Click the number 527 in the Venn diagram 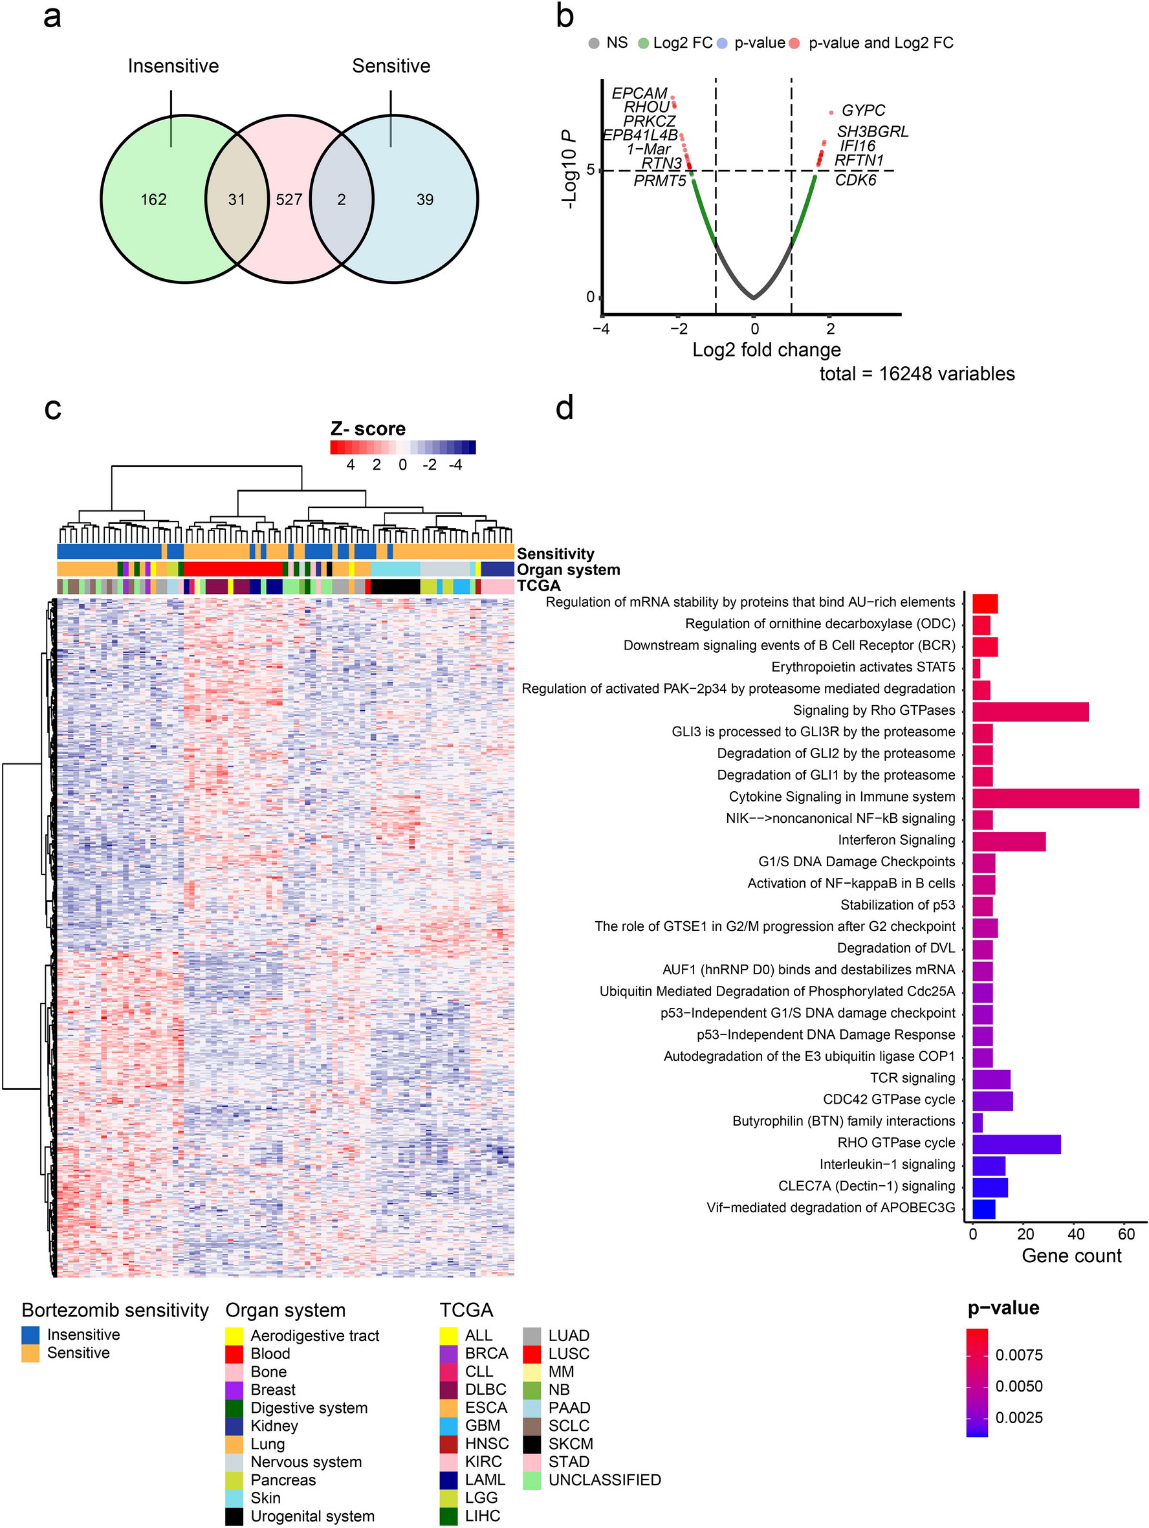[x=289, y=200]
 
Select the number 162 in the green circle [x=153, y=200]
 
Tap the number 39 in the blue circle [x=424, y=200]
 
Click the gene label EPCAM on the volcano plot [x=639, y=93]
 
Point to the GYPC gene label [x=863, y=111]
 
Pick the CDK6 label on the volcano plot [x=855, y=180]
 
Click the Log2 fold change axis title [x=766, y=349]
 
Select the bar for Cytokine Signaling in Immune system [x=1055, y=798]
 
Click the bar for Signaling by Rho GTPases [x=1029, y=712]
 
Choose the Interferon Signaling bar [x=1009, y=842]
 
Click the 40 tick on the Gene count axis [x=1076, y=1234]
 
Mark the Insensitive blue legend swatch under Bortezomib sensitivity [x=30, y=1335]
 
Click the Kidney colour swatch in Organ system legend [x=234, y=1426]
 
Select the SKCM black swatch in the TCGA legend [x=531, y=1444]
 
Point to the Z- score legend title [x=367, y=429]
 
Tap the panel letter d [x=565, y=408]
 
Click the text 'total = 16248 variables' [x=917, y=374]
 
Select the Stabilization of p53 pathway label [x=897, y=905]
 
